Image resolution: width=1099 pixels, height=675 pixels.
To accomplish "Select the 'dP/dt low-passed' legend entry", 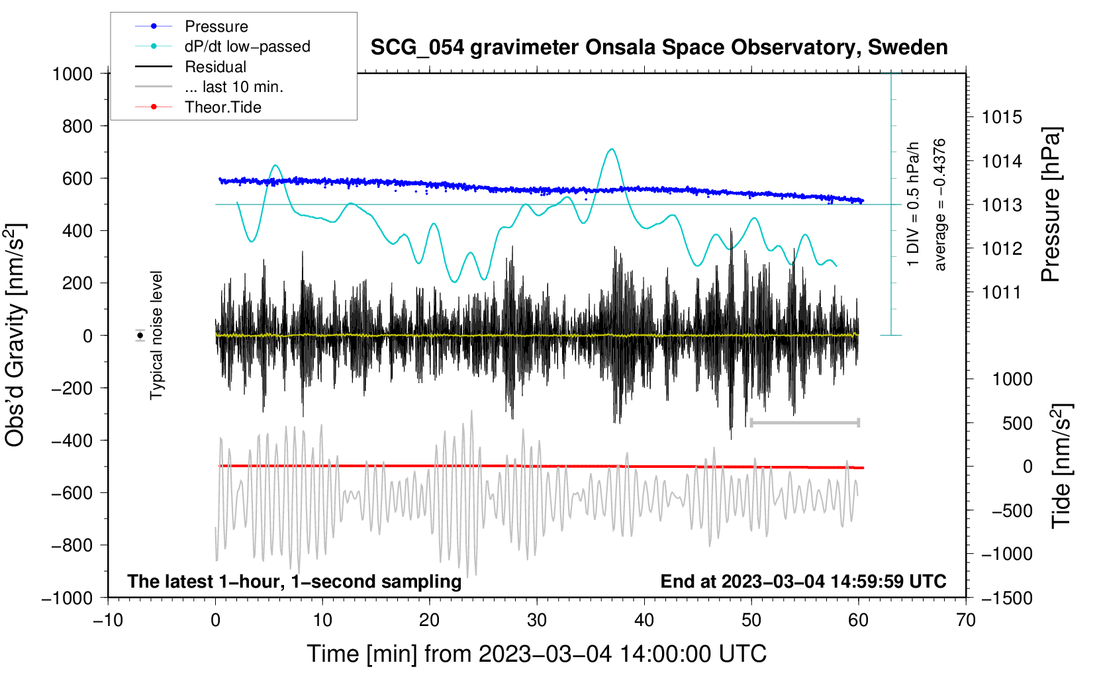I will click(247, 46).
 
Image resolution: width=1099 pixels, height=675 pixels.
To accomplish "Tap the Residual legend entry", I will click(215, 67).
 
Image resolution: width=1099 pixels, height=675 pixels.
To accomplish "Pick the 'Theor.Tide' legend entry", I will click(222, 107).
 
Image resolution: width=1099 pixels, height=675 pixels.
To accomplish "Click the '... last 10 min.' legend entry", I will click(234, 87).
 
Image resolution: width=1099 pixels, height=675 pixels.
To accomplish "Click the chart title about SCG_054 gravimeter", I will click(659, 48).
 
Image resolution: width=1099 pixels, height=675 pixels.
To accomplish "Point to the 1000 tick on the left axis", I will click(72, 73).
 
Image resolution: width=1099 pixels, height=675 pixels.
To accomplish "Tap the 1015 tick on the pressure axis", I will click(1002, 117).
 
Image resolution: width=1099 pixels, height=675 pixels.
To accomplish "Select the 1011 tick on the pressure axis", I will click(1002, 292).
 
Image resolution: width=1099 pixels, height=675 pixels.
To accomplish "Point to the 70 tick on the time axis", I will click(966, 620).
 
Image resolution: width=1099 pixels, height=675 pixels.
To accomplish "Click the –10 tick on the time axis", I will click(108, 620).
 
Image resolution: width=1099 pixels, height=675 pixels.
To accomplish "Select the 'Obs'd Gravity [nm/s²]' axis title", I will click(15, 335).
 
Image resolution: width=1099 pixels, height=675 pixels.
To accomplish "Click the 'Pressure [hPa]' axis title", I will click(1051, 204).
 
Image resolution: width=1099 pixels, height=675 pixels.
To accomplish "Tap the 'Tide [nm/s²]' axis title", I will click(1061, 466).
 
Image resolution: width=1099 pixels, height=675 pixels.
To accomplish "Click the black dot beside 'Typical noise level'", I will click(140, 336).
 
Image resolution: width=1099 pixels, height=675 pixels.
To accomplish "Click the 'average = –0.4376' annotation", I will click(940, 204).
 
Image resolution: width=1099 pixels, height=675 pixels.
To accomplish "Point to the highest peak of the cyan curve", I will click(612, 150).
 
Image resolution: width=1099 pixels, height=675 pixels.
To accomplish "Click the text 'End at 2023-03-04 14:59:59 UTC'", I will click(803, 581).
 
